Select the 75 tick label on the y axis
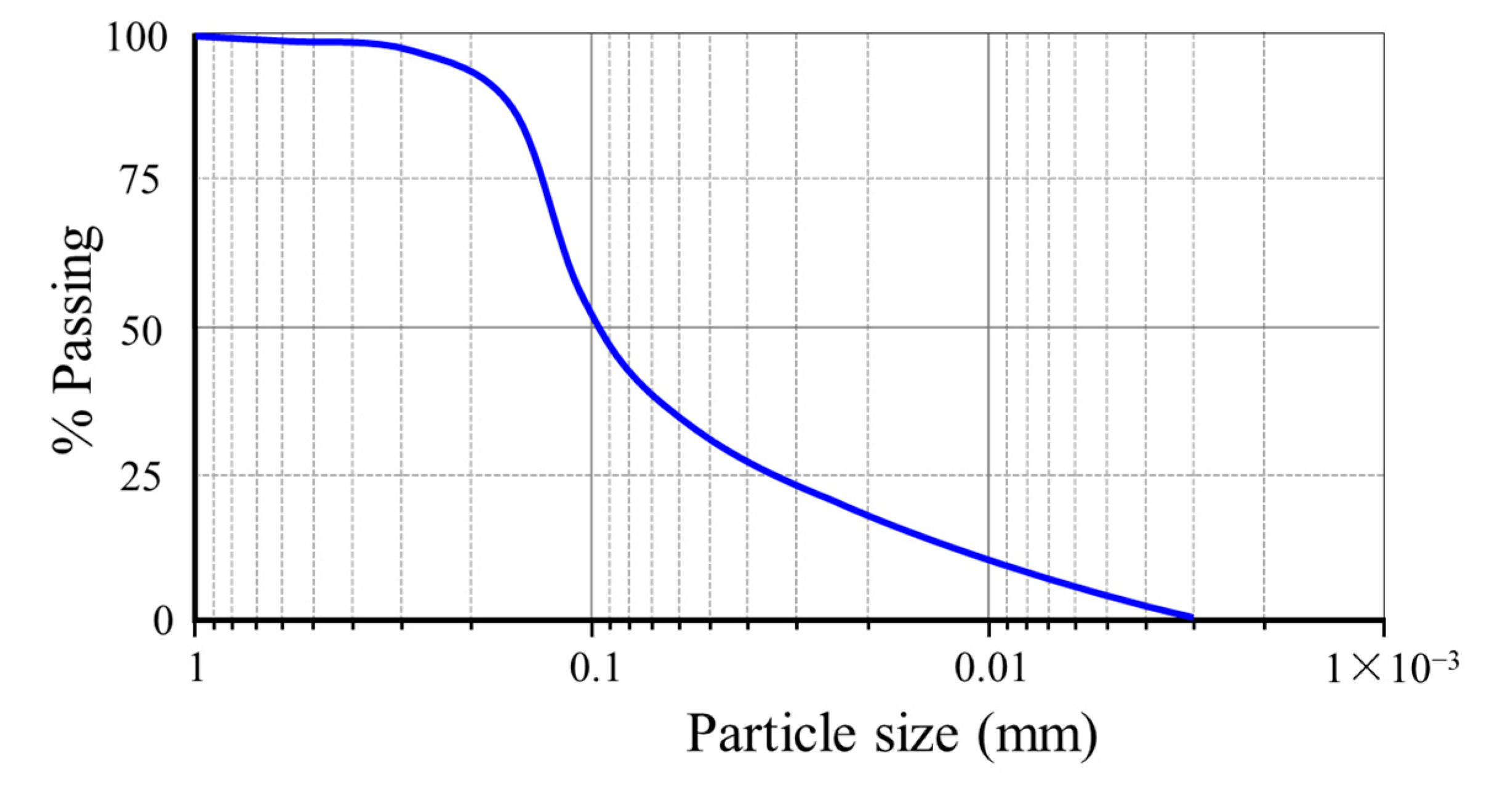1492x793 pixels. click(141, 181)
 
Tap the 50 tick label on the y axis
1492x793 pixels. click(141, 332)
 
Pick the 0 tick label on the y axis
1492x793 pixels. click(162, 621)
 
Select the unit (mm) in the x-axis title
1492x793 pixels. click(1037, 735)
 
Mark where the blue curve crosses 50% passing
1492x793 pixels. click(595, 327)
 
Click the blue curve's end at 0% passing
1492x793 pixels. click(1192, 616)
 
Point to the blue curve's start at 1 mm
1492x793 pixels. click(197, 37)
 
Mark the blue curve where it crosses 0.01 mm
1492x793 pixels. click(989, 560)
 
